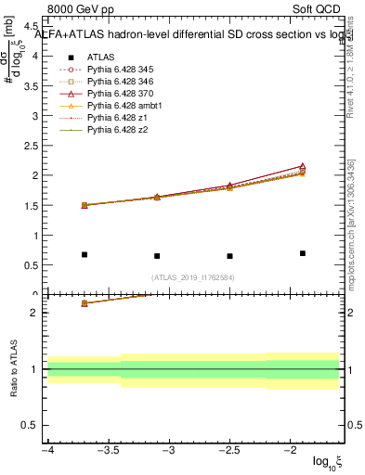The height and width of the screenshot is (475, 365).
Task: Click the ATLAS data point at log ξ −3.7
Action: click(x=85, y=254)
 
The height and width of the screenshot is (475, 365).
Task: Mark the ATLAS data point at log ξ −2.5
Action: click(x=229, y=256)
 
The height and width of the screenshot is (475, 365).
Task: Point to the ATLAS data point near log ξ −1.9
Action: click(x=303, y=253)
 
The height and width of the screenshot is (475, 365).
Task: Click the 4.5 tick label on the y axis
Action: click(x=30, y=27)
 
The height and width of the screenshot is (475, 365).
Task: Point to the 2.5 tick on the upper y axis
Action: click(x=30, y=146)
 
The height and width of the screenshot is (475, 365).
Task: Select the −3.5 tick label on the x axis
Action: click(x=108, y=450)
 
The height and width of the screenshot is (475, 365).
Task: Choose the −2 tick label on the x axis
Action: click(x=290, y=450)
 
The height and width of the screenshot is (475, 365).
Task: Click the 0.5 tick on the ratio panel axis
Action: click(x=30, y=425)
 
